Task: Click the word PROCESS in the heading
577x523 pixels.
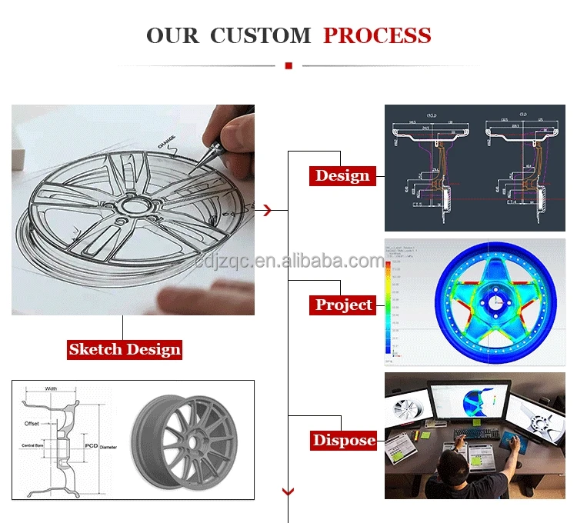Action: point(377,35)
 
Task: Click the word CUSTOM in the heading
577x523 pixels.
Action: point(260,35)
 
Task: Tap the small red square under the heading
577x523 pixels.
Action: point(288,66)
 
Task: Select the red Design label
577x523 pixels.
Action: point(342,175)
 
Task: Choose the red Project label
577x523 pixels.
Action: point(343,305)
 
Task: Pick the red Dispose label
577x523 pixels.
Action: point(344,441)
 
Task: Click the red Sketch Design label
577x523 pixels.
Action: point(125,349)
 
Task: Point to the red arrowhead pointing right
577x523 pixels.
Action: point(267,209)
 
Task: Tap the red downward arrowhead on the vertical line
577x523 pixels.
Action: point(288,491)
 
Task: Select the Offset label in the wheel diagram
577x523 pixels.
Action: point(32,424)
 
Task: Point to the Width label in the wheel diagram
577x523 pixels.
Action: point(51,389)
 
